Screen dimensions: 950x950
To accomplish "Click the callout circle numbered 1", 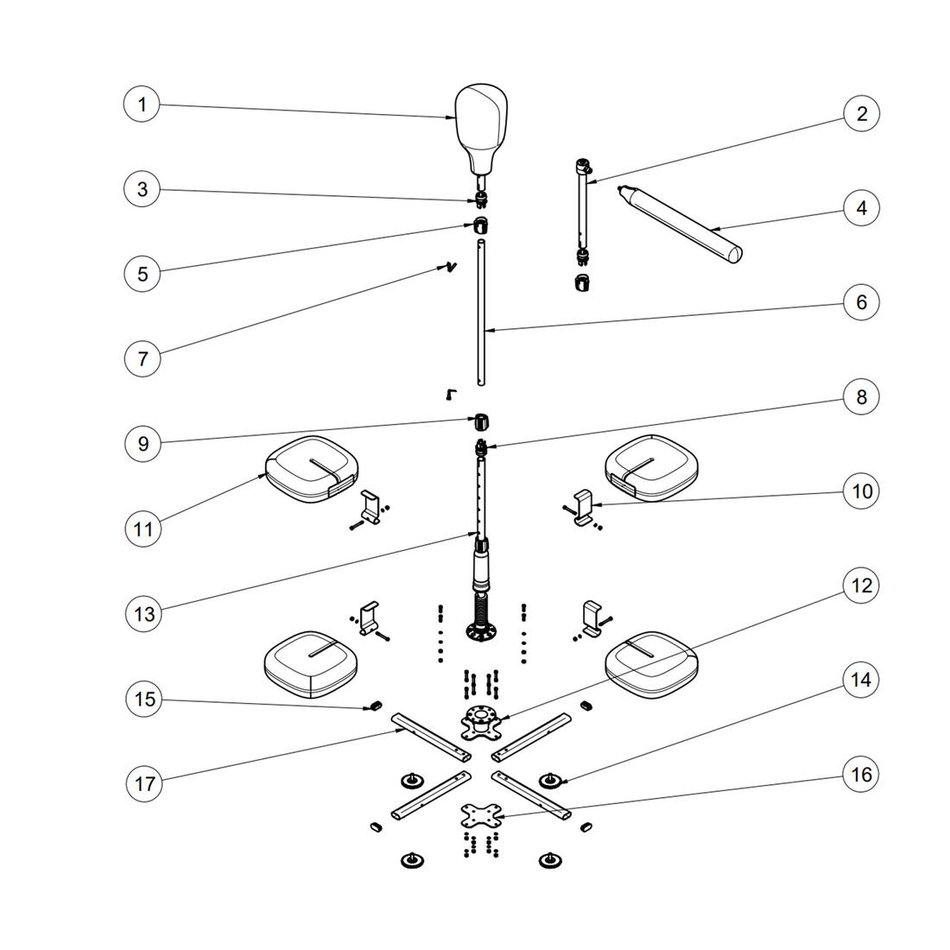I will [142, 105].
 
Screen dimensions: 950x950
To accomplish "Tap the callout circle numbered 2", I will [861, 113].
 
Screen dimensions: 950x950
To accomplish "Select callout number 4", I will [861, 208].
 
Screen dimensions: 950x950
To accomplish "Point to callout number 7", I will [142, 358].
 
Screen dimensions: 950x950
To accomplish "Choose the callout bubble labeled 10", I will [861, 491].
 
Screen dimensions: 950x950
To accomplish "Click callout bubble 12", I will [861, 586].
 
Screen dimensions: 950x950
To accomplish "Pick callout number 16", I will [861, 775].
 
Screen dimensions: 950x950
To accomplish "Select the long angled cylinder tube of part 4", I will [682, 222].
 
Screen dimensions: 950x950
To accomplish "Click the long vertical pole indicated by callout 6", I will [482, 320].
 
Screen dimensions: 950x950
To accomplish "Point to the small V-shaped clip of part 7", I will [449, 267].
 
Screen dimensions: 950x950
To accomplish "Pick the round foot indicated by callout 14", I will [548, 781].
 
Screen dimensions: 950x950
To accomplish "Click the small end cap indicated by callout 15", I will [375, 706].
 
